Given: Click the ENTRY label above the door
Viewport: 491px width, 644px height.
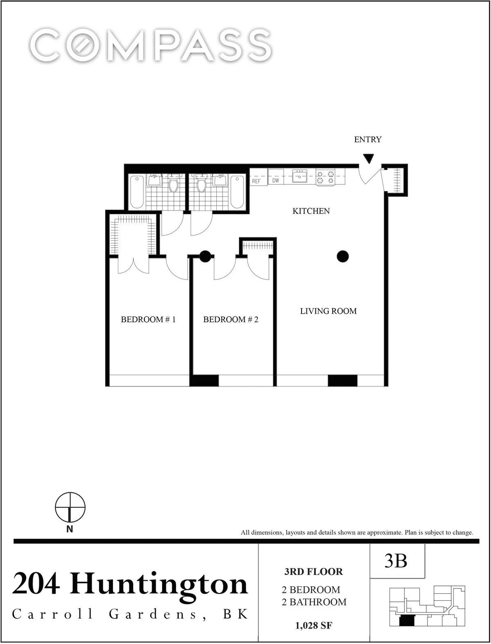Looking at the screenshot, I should click(x=367, y=139).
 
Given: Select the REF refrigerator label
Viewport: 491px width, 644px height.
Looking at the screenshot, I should click(x=256, y=181).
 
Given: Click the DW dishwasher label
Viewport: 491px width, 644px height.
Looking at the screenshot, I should click(x=275, y=180).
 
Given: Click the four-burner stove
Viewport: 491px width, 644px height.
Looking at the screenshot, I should click(x=325, y=177).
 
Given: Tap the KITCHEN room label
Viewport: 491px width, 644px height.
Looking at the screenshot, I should click(x=311, y=211).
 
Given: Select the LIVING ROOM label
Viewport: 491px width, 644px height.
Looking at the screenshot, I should click(x=328, y=311).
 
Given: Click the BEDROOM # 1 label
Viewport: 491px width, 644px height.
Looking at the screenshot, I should click(x=148, y=319).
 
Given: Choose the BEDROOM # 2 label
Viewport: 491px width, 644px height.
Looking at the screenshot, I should click(x=231, y=319).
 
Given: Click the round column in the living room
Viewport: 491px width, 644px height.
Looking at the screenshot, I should click(x=342, y=256).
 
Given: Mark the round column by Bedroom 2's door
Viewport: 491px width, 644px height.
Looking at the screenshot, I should click(x=205, y=256).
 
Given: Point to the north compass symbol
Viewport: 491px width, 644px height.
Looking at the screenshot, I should click(x=70, y=507).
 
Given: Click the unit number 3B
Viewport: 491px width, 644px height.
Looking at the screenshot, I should click(x=396, y=561).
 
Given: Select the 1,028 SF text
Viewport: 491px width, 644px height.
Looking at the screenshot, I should click(x=313, y=625).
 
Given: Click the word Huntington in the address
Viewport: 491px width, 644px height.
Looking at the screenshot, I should click(x=159, y=584).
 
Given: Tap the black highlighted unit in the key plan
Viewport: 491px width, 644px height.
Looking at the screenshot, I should click(x=406, y=621).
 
